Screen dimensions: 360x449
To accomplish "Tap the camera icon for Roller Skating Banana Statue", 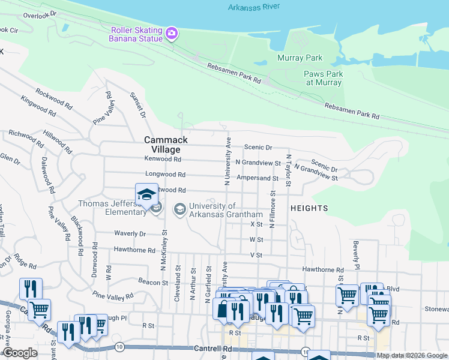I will pyautogui.click(x=172, y=33).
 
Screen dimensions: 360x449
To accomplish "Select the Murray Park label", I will pyautogui.click(x=300, y=58).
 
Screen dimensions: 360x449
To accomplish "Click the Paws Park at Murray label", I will pyautogui.click(x=324, y=78).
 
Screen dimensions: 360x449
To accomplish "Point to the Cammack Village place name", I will pyautogui.click(x=166, y=144).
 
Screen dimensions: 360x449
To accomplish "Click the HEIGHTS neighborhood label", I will pyautogui.click(x=309, y=208).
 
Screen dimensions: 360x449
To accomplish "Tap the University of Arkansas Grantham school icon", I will pyautogui.click(x=179, y=209).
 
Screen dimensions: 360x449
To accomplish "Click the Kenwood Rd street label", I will pyautogui.click(x=163, y=159).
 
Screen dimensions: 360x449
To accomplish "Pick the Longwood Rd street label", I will pyautogui.click(x=165, y=175).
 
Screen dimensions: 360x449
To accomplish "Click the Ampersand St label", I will pyautogui.click(x=258, y=178).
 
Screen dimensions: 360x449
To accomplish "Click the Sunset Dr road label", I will pyautogui.click(x=137, y=105).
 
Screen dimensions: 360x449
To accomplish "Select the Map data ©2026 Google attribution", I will pyautogui.click(x=412, y=355).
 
